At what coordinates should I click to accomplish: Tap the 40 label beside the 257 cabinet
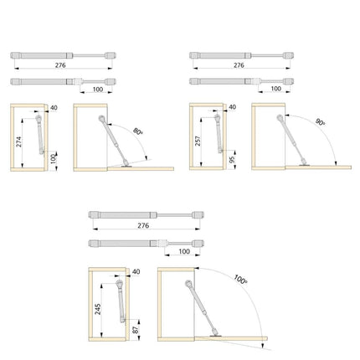(232, 107)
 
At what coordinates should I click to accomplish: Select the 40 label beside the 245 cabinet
(136, 272)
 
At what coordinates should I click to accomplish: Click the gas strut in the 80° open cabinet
(113, 140)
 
